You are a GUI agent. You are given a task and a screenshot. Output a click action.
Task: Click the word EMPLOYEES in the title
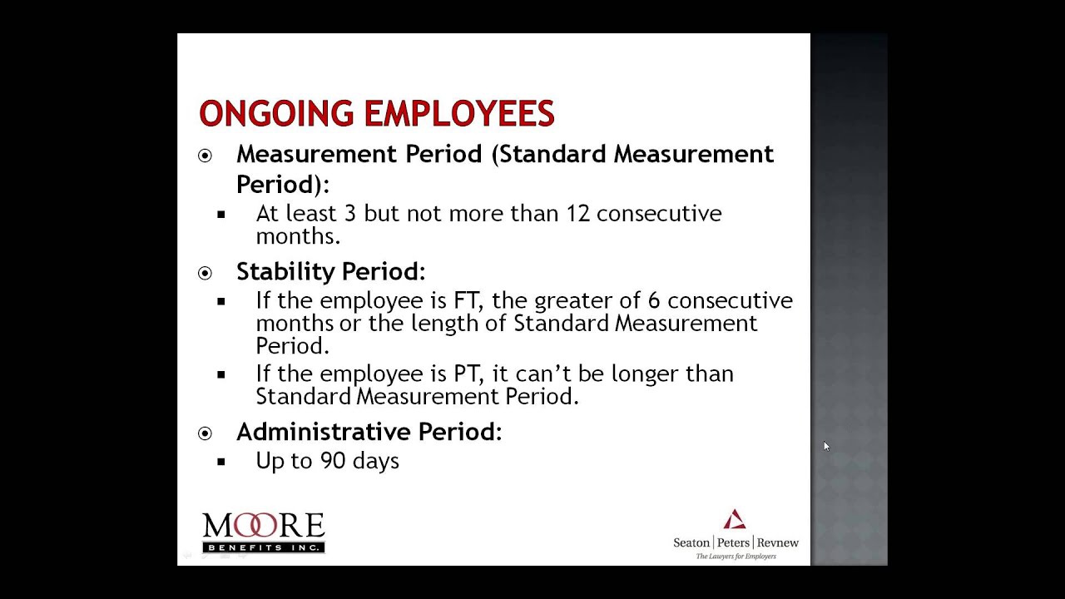[x=459, y=114]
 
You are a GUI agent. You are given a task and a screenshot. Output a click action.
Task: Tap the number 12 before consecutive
[x=577, y=214]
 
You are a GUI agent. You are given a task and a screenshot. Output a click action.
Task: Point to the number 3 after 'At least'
[x=349, y=214]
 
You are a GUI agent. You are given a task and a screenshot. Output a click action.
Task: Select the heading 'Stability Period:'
[x=330, y=272]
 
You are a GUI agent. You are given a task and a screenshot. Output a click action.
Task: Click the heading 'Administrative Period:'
[x=369, y=432]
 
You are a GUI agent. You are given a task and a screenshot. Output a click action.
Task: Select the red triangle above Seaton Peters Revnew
[x=734, y=520]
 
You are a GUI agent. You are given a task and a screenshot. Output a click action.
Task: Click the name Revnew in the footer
[x=777, y=543]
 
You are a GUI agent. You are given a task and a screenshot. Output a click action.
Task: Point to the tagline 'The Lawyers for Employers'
[x=736, y=557]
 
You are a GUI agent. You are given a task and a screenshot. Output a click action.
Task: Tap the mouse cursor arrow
[x=826, y=447]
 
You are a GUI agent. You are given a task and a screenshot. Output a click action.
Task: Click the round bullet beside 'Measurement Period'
[x=205, y=156]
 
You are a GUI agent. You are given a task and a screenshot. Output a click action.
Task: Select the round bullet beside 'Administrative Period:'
[x=205, y=433]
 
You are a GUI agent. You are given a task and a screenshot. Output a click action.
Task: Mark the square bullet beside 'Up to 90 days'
[x=221, y=462]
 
